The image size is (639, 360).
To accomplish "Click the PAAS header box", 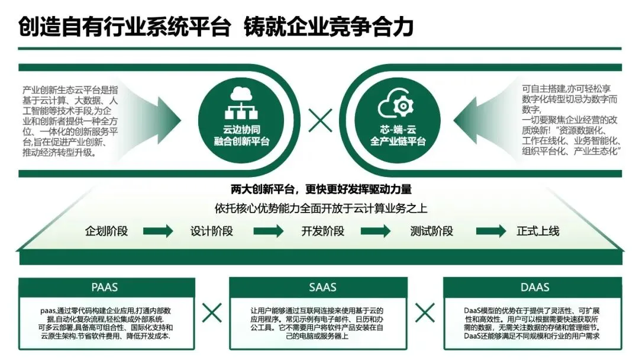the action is pyautogui.click(x=105, y=287).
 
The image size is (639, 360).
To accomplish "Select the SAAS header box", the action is pyautogui.click(x=322, y=287).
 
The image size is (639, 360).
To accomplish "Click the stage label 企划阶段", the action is pyautogui.click(x=106, y=231).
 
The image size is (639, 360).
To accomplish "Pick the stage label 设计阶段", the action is pyautogui.click(x=211, y=231).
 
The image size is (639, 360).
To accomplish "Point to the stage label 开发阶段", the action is pyautogui.click(x=322, y=231).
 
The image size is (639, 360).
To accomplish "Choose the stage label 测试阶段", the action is pyautogui.click(x=432, y=231).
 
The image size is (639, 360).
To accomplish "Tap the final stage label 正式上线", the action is pyautogui.click(x=537, y=231).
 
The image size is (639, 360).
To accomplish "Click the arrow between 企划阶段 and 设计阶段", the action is pyautogui.click(x=158, y=231).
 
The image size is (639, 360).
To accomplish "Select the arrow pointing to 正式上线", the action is pyautogui.click(x=491, y=231).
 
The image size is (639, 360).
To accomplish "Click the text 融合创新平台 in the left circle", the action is pyautogui.click(x=241, y=142).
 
